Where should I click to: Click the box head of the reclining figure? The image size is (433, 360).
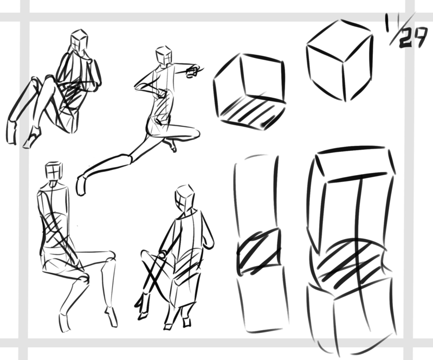[79, 41]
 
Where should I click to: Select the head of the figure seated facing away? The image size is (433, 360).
[54, 171]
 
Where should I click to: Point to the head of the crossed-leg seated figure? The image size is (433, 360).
[184, 198]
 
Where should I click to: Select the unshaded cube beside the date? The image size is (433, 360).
[340, 60]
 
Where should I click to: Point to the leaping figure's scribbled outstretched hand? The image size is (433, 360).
[195, 70]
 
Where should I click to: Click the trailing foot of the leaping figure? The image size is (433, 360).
[81, 185]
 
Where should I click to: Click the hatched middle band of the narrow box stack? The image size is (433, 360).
[260, 252]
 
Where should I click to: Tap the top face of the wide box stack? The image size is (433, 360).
[355, 164]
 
